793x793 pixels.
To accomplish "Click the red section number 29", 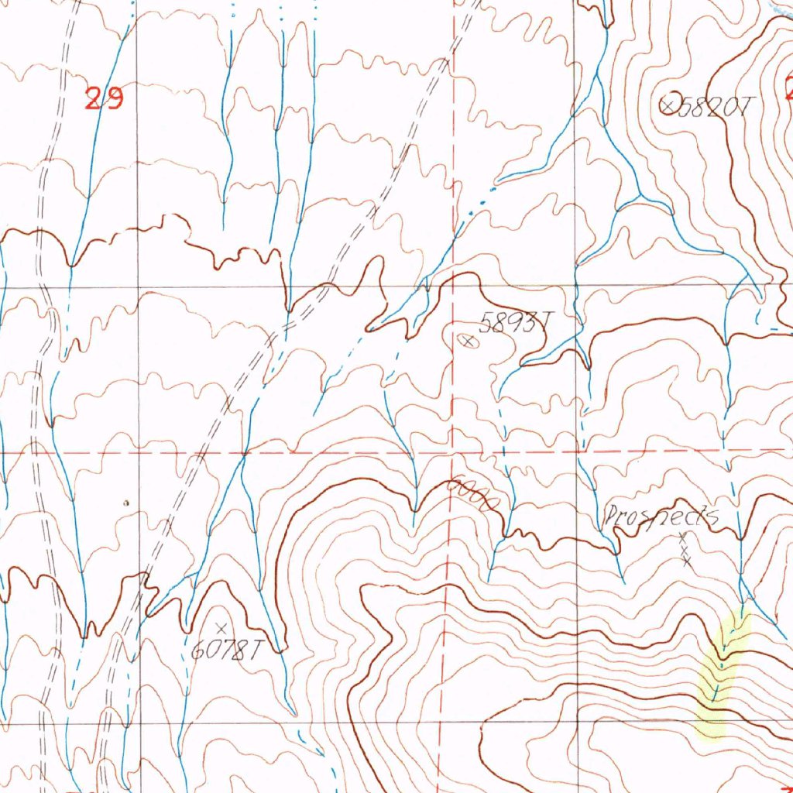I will [104, 99].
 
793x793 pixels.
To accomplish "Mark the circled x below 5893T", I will [468, 340].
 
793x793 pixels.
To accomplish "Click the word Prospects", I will [661, 516].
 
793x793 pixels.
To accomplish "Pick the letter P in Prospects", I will [611, 516].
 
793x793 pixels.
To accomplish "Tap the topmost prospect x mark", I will [682, 536].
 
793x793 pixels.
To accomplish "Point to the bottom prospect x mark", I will [687, 561].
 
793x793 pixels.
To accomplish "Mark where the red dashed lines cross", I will [453, 451].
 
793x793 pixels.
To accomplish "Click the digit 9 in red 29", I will [113, 99].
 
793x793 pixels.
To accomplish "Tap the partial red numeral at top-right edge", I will [788, 87].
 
